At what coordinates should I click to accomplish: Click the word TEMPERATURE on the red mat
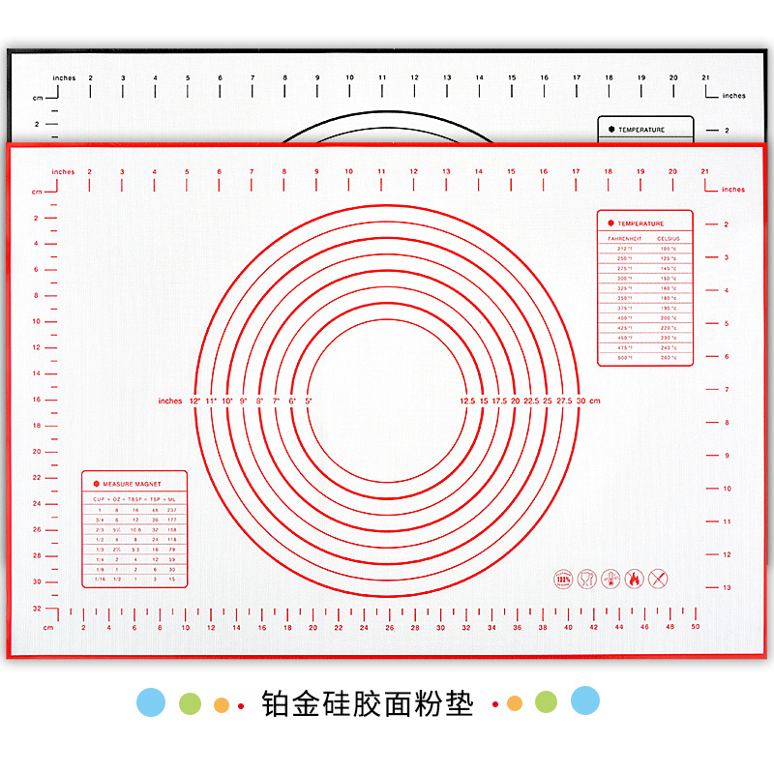point(641,223)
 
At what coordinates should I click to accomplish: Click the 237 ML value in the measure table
point(171,509)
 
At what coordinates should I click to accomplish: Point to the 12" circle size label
point(194,401)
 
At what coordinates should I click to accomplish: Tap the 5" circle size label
point(309,401)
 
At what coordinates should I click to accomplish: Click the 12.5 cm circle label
point(467,401)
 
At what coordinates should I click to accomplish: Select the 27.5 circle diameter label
point(563,401)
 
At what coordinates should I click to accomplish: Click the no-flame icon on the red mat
point(634,580)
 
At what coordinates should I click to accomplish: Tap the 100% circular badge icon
point(563,580)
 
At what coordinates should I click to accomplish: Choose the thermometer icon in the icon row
point(610,580)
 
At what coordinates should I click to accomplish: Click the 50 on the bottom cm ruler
point(696,627)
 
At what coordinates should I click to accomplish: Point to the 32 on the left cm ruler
point(37,608)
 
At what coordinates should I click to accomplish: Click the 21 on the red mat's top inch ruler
point(704,172)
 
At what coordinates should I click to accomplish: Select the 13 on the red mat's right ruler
point(727,587)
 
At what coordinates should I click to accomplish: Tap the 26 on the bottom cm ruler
point(390,627)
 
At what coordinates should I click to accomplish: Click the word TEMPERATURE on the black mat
point(641,130)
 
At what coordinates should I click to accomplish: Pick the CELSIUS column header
point(669,237)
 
